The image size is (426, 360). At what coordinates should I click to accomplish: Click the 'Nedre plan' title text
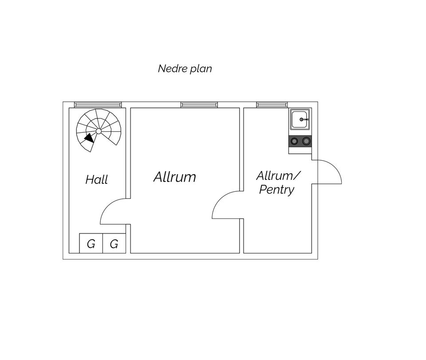[185, 68]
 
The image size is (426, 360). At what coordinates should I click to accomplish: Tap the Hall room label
[97, 180]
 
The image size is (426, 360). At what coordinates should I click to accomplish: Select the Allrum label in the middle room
[175, 177]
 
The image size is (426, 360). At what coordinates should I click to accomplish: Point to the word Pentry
[276, 190]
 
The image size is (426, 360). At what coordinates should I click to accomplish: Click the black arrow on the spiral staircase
[89, 138]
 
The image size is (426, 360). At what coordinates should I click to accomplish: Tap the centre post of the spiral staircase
[99, 131]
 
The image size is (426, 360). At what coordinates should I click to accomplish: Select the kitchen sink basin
[300, 119]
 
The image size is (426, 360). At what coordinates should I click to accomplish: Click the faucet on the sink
[304, 119]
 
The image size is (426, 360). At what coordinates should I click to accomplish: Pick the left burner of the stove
[294, 141]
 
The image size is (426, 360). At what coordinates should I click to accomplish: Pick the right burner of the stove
[306, 141]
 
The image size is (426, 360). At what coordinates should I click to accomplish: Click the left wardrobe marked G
[91, 243]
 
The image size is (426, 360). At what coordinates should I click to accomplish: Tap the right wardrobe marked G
[114, 243]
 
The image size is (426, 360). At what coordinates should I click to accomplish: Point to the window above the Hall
[98, 105]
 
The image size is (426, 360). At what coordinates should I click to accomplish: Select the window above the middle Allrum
[199, 105]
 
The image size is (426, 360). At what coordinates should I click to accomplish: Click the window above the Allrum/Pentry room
[272, 105]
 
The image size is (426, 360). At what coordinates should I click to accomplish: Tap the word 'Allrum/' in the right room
[278, 176]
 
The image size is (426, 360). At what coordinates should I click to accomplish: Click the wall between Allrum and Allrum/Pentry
[241, 150]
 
